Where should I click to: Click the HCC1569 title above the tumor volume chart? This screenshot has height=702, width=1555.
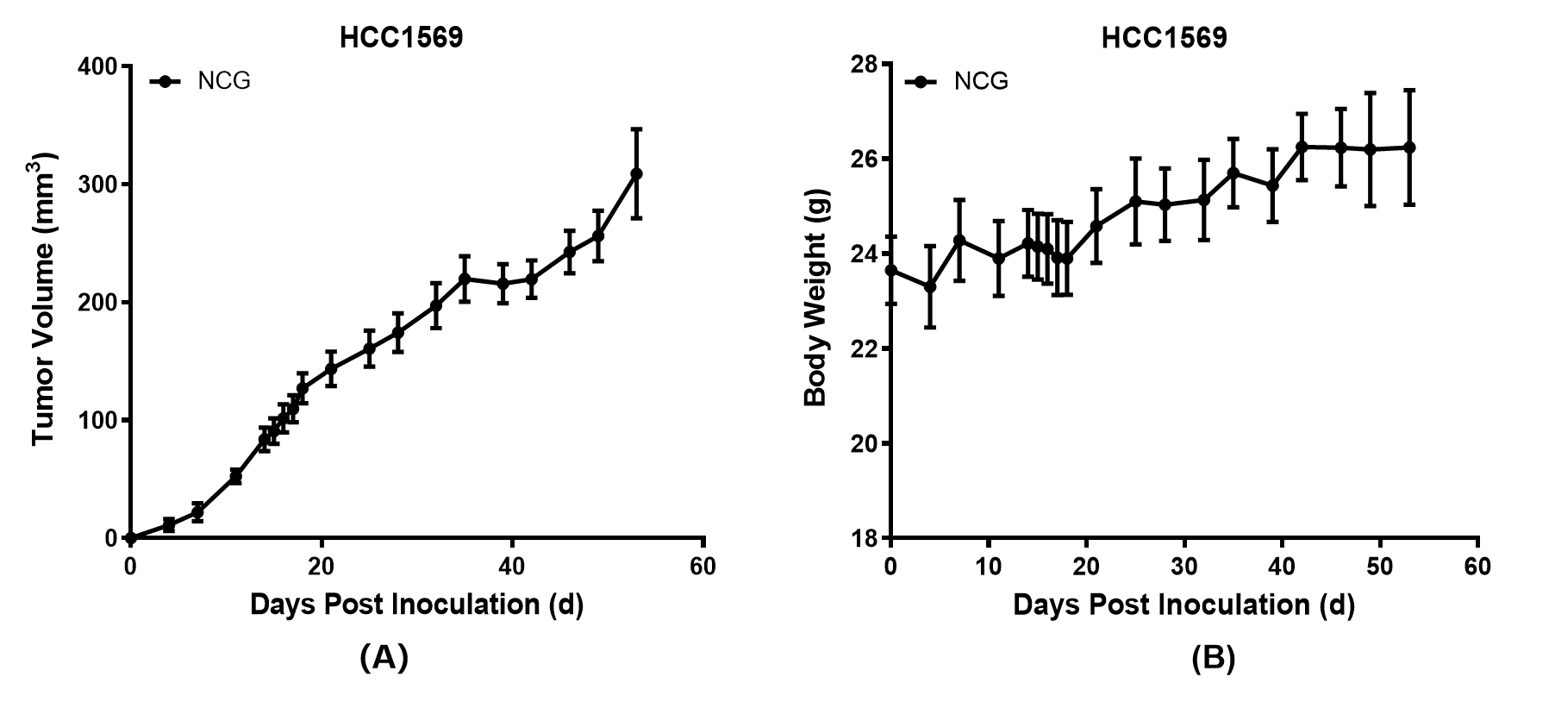(401, 38)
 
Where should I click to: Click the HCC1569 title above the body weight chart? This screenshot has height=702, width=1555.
(1164, 38)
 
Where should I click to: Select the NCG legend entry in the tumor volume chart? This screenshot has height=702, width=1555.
(223, 81)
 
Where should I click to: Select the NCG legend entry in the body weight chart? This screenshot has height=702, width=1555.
(980, 81)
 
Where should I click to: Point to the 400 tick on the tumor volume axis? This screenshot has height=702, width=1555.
(99, 66)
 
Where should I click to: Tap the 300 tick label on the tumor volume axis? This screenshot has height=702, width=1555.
(99, 185)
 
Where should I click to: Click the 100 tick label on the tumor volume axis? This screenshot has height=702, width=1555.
(99, 420)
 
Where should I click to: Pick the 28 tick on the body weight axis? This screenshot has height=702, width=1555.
(865, 66)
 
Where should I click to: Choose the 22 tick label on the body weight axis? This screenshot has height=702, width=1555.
(865, 349)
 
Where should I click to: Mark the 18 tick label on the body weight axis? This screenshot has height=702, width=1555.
(865, 538)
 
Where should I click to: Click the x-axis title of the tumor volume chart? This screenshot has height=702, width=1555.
(416, 605)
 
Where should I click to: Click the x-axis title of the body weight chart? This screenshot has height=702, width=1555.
(1183, 605)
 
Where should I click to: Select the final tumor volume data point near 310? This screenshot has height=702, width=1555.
(636, 173)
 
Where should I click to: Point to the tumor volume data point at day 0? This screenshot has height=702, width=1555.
(131, 537)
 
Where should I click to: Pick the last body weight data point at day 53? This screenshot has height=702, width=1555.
(1409, 147)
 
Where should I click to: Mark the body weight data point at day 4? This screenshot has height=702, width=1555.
(929, 286)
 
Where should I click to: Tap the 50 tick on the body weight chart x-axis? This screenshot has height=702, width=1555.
(1380, 567)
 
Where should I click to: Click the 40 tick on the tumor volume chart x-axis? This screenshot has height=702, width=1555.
(512, 567)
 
